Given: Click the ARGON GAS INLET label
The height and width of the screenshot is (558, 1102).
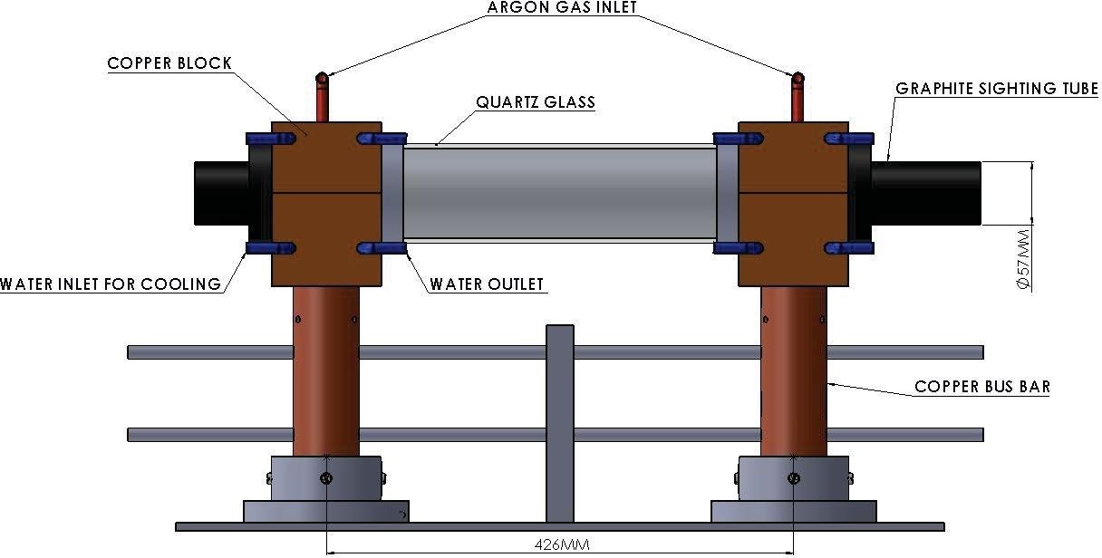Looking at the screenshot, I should click(562, 8).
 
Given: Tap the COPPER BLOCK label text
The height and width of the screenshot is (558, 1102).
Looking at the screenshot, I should click(169, 63).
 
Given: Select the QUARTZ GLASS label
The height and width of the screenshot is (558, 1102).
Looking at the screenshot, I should click(536, 102).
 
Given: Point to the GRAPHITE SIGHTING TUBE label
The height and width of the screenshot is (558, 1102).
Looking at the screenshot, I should click(996, 89).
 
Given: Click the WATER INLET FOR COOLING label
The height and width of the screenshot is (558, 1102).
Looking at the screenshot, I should click(111, 284).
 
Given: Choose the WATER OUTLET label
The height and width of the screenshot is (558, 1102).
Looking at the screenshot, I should click(487, 284).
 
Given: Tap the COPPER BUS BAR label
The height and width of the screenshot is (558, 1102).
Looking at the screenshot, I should click(982, 387).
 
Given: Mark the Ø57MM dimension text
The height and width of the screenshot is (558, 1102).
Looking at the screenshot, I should click(1024, 257).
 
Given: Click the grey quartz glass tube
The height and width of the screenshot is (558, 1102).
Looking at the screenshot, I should click(559, 193).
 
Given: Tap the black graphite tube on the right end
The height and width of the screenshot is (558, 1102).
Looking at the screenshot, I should click(928, 193).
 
